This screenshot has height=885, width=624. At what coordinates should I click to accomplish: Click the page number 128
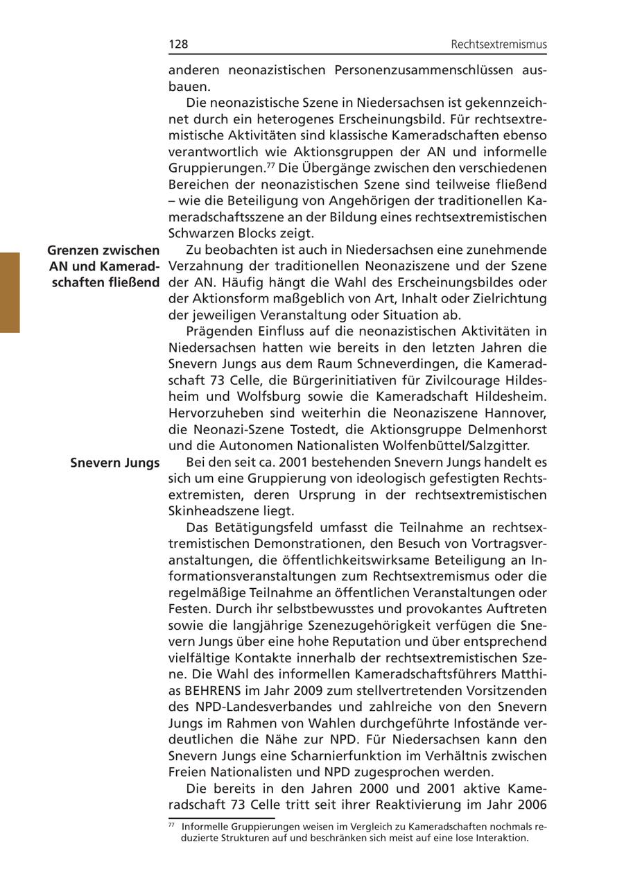[178, 44]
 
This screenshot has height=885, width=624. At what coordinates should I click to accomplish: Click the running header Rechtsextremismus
[499, 44]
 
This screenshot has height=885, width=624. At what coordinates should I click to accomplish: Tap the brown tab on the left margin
[10, 293]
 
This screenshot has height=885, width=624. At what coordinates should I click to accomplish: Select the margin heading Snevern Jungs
[115, 463]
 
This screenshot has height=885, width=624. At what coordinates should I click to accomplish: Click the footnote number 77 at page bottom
[171, 825]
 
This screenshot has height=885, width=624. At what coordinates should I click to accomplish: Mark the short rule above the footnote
[221, 818]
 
